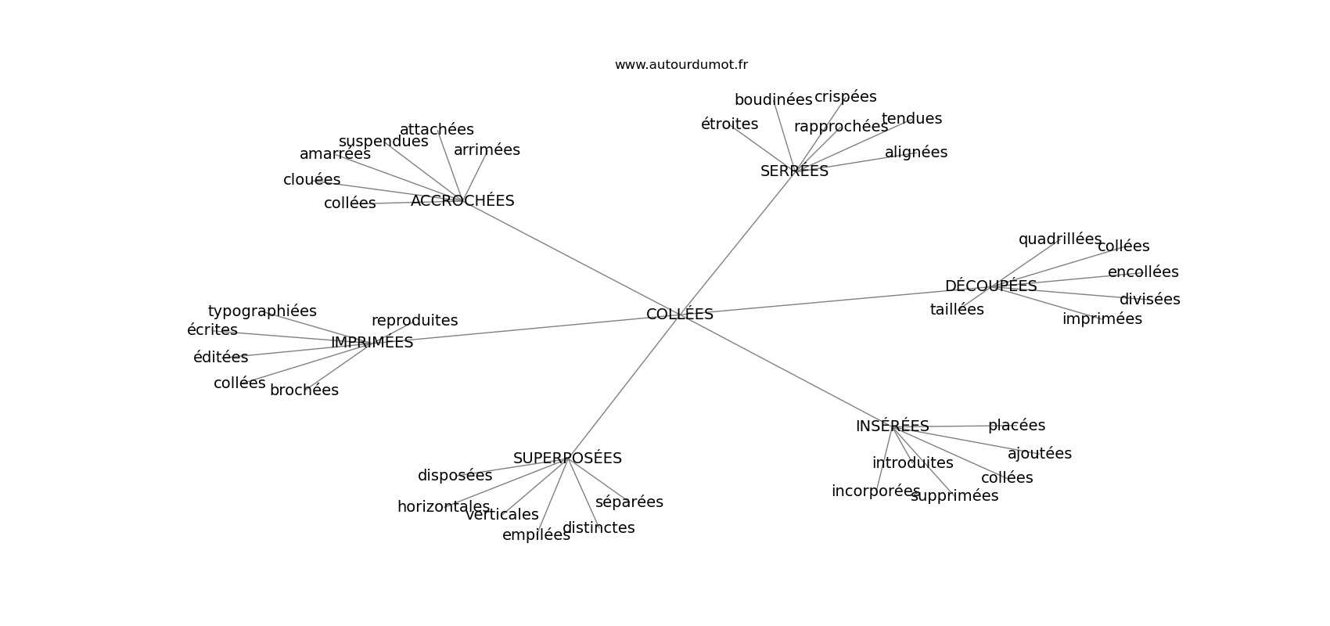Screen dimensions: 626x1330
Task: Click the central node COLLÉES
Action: point(679,315)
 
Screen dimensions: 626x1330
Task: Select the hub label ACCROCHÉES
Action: point(462,201)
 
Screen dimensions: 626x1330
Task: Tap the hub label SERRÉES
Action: point(794,171)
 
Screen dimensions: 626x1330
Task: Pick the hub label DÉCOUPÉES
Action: point(990,286)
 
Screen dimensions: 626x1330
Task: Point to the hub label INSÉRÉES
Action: point(892,426)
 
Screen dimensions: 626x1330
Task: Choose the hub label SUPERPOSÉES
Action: point(567,459)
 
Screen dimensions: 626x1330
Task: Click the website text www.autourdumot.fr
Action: point(681,65)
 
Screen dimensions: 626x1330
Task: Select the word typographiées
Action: point(262,311)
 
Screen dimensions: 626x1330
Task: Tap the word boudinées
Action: point(773,100)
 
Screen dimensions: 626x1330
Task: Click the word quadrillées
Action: point(1059,239)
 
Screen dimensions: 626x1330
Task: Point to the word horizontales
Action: point(444,507)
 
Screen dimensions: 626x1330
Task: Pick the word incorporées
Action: point(875,491)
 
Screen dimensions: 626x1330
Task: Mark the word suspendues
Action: point(383,142)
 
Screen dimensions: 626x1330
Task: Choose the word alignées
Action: point(915,153)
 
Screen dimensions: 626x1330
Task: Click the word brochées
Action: point(304,390)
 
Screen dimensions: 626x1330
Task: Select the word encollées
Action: point(1142,272)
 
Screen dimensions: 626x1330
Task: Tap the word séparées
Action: point(629,502)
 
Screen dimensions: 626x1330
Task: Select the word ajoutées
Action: point(1039,454)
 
